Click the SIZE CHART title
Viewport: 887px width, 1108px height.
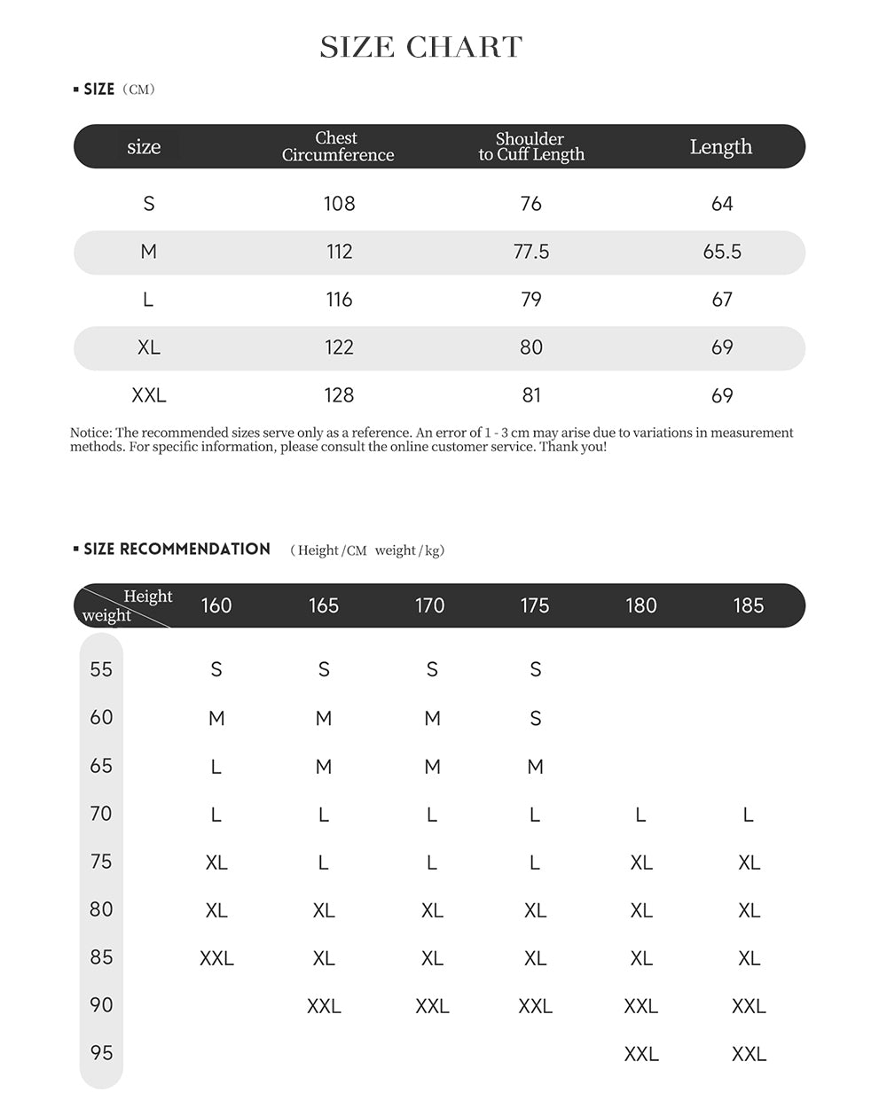(x=421, y=47)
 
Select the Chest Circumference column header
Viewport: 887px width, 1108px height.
(x=337, y=146)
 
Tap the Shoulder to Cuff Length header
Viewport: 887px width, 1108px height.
(x=530, y=146)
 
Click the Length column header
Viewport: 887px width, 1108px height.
(x=720, y=146)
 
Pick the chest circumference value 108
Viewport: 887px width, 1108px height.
(x=339, y=204)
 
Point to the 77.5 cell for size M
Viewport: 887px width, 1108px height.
(x=530, y=252)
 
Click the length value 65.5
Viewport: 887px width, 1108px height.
(x=722, y=252)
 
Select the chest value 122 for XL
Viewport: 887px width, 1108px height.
(x=339, y=347)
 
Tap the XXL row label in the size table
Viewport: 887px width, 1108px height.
(x=148, y=395)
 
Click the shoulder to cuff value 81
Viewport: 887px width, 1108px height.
(x=530, y=395)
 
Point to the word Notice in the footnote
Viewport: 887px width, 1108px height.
(x=90, y=433)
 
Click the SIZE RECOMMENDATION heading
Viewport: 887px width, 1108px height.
(x=177, y=549)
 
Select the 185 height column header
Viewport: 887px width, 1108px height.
(x=748, y=605)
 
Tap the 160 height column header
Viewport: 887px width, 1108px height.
(x=216, y=605)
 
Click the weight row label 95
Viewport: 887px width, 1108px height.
(x=101, y=1053)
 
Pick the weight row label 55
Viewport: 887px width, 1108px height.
(x=101, y=669)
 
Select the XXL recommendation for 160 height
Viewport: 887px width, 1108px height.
(x=216, y=958)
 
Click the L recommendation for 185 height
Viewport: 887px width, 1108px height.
(x=748, y=815)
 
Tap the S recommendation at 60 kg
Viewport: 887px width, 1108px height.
(x=535, y=718)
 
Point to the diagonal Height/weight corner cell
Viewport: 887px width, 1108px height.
(x=124, y=605)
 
